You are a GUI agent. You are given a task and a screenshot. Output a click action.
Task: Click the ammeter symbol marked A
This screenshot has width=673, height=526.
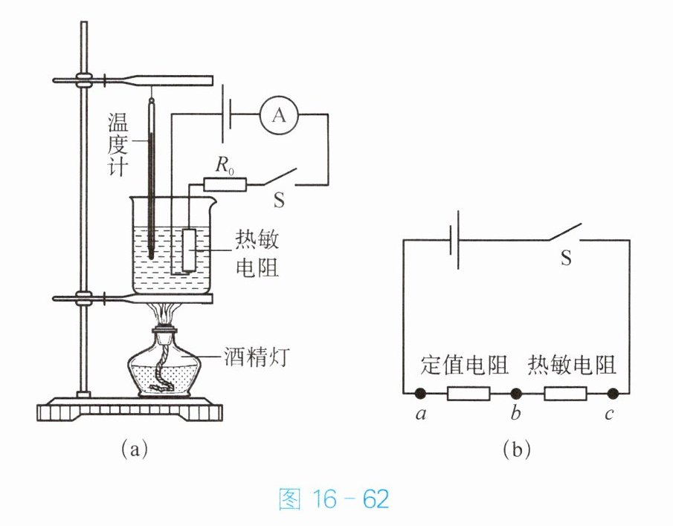tap(279, 115)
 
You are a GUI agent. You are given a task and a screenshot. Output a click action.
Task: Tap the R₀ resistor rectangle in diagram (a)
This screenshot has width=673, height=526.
tap(225, 185)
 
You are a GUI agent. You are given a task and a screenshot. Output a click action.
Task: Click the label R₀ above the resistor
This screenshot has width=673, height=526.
tap(225, 166)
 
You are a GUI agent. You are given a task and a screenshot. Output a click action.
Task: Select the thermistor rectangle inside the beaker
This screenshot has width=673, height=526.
tap(190, 250)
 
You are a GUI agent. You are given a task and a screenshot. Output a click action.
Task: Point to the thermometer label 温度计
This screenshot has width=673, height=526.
tap(118, 144)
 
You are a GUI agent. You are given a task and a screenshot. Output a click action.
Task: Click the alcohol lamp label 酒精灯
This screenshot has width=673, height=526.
tap(257, 357)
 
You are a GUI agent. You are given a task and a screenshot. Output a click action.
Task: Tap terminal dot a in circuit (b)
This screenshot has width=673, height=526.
tap(420, 393)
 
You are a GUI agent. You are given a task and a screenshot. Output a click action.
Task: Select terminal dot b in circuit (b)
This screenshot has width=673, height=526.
tap(516, 393)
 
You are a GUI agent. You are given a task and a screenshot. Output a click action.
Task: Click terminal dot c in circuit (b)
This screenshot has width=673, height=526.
tap(613, 393)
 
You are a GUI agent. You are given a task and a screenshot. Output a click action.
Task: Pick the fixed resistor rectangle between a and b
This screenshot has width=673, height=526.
tap(468, 394)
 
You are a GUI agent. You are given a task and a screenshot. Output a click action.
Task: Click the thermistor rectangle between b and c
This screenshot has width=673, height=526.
tap(565, 394)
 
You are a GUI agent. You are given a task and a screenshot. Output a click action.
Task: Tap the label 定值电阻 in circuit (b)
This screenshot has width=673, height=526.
tap(464, 365)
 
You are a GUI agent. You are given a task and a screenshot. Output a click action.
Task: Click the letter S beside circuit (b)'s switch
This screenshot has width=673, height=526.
tap(566, 258)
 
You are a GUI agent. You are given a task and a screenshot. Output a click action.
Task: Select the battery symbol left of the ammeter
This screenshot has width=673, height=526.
tap(227, 114)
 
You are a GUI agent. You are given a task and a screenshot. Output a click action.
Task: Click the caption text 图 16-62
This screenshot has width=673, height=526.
tap(334, 499)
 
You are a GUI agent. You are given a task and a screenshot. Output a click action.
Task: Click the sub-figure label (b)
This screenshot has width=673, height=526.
tap(516, 449)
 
